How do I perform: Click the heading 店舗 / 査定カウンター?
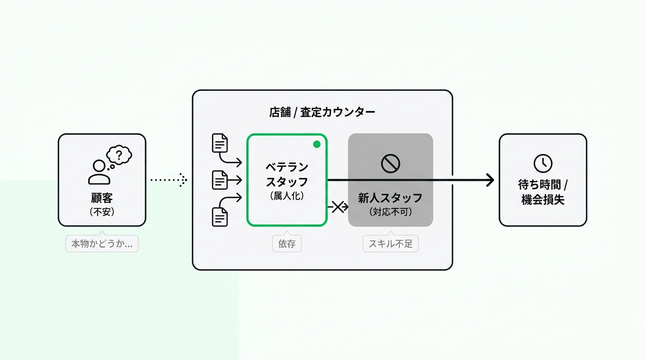click(x=322, y=112)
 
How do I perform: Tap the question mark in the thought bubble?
click(x=119, y=155)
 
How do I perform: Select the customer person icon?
click(x=99, y=172)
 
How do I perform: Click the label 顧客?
click(x=102, y=198)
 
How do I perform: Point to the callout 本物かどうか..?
click(x=102, y=244)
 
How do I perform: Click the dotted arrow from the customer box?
click(x=169, y=180)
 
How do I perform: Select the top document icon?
click(x=220, y=143)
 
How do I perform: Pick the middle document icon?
click(x=220, y=180)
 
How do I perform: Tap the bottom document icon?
click(x=220, y=217)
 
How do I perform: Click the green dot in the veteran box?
click(x=317, y=144)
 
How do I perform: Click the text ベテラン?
click(x=287, y=167)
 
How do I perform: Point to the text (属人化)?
click(x=287, y=196)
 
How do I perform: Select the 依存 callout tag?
click(x=287, y=244)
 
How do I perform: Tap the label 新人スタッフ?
click(x=390, y=198)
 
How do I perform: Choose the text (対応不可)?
click(x=390, y=212)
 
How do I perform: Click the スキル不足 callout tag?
click(x=390, y=244)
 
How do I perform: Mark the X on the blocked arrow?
click(x=338, y=207)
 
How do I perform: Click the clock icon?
click(x=543, y=163)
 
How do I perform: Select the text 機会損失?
click(x=543, y=200)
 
